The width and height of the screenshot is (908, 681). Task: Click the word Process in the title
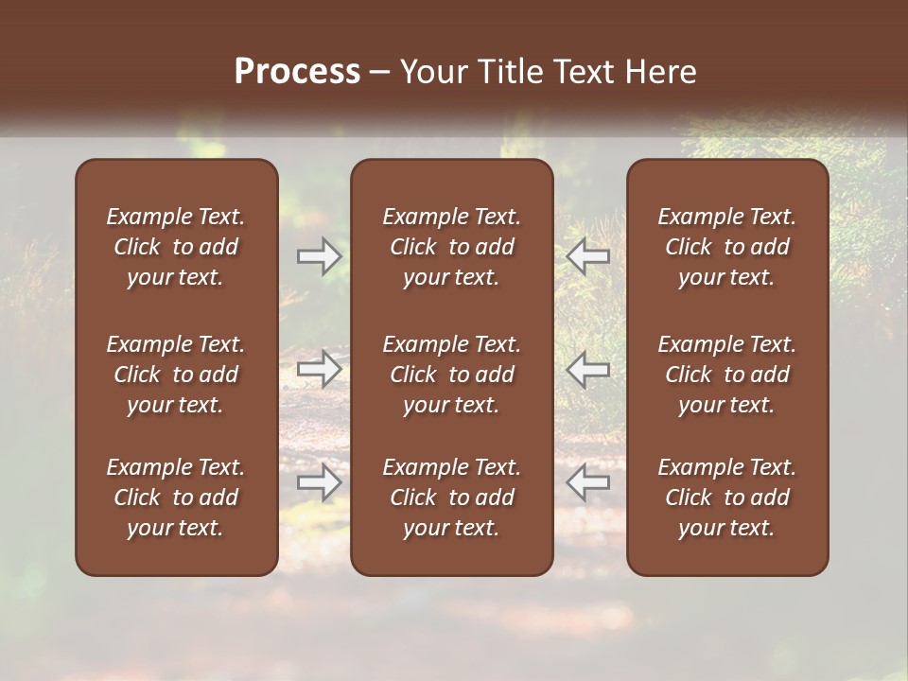click(x=297, y=72)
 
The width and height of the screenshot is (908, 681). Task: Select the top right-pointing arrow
click(x=319, y=256)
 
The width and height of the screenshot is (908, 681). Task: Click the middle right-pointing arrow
click(x=319, y=369)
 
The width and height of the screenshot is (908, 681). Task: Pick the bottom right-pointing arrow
click(x=319, y=482)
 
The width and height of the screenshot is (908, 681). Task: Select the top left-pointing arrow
click(x=588, y=256)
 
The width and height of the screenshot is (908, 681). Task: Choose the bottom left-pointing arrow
click(x=588, y=482)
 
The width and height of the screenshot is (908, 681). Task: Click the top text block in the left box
click(x=176, y=247)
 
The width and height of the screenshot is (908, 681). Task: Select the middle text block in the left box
click(x=176, y=375)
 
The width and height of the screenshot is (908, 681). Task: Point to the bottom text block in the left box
click(x=176, y=498)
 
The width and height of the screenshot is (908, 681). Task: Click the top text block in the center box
click(x=451, y=247)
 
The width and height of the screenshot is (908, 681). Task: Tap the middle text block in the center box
click(x=451, y=375)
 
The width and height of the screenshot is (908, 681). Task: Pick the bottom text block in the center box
click(x=451, y=498)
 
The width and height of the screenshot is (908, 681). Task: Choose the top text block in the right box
click(x=726, y=247)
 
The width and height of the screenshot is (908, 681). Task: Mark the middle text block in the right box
click(x=726, y=375)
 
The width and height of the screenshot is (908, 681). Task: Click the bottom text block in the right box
click(x=726, y=498)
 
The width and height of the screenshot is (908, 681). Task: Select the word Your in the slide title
click(x=432, y=72)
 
